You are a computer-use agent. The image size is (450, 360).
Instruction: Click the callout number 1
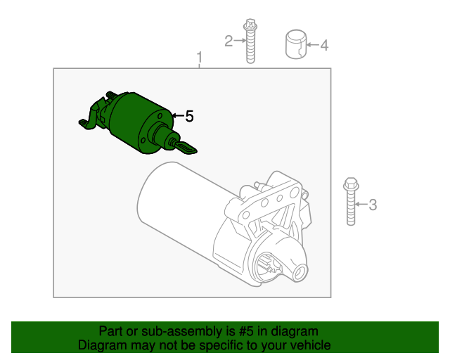(x=200, y=56)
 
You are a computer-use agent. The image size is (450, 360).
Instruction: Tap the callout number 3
(x=373, y=205)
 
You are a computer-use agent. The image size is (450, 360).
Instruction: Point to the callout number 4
(x=324, y=46)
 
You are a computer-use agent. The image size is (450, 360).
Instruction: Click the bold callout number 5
(x=188, y=117)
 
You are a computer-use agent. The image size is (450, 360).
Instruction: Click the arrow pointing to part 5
(x=176, y=116)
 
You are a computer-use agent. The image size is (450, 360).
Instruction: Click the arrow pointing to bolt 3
(x=361, y=205)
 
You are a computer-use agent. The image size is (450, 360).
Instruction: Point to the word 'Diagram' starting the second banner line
(x=101, y=345)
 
